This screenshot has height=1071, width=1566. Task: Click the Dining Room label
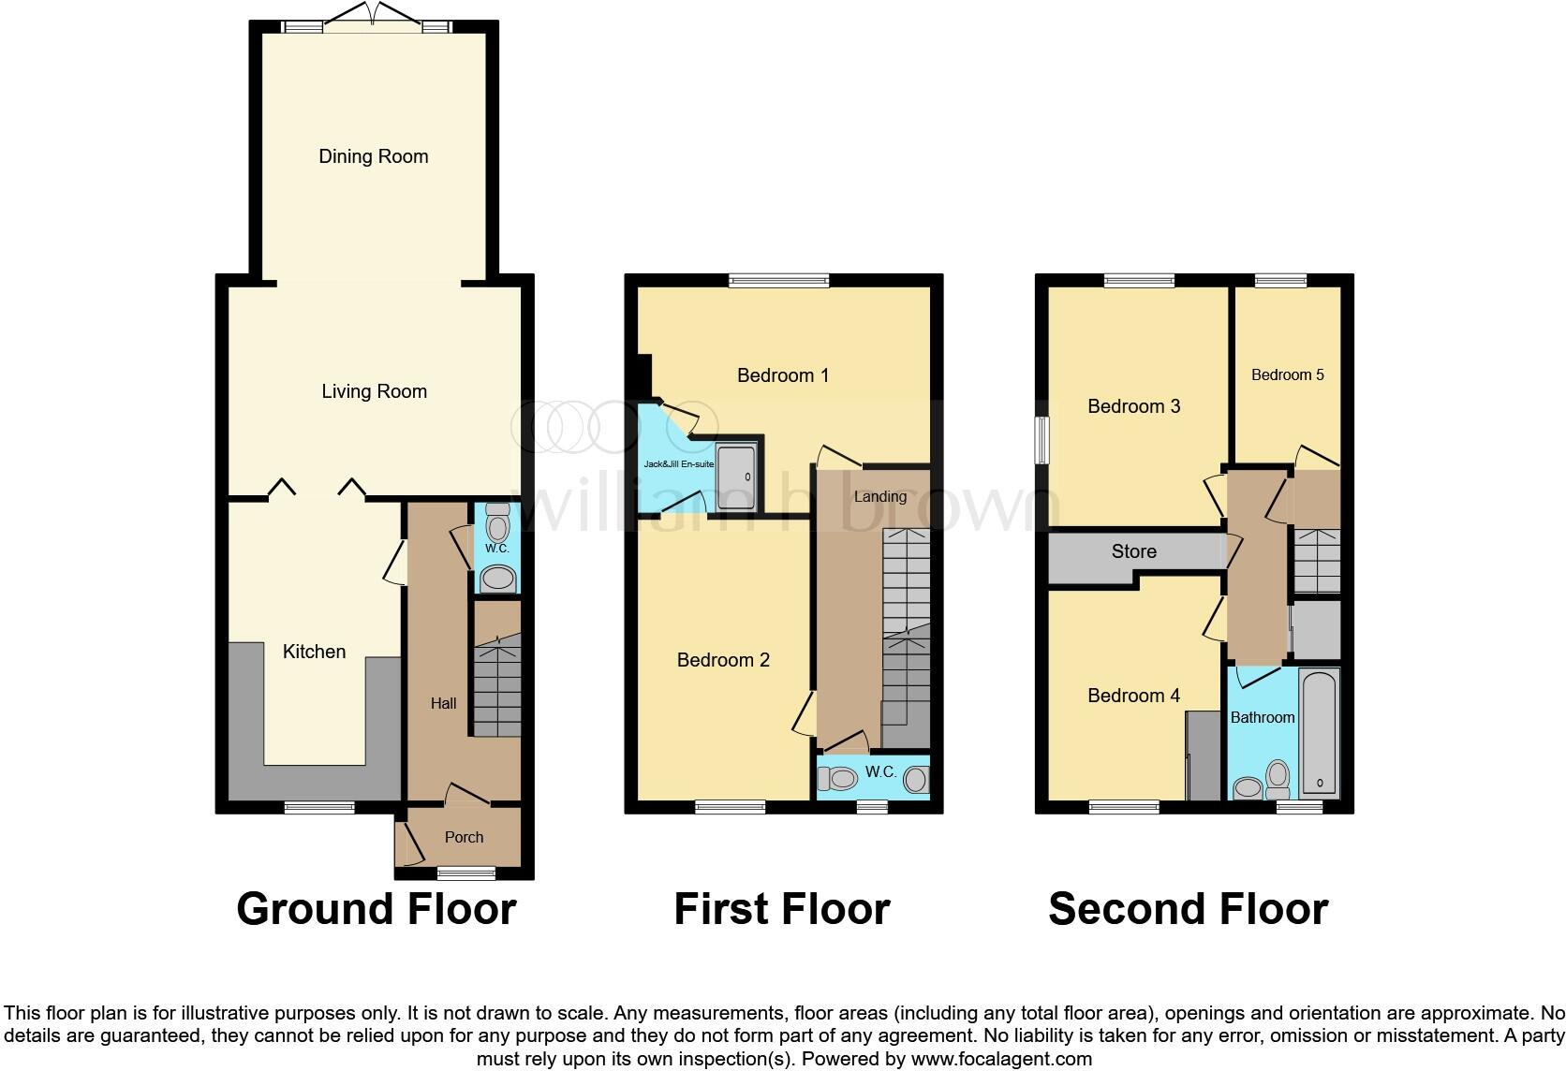(x=373, y=156)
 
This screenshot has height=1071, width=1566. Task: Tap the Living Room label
(x=374, y=391)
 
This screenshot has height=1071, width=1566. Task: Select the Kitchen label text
(x=314, y=652)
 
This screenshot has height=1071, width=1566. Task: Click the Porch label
(x=464, y=837)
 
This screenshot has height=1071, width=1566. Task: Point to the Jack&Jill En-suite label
(x=678, y=464)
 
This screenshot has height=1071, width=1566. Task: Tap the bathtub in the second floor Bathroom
(x=1320, y=732)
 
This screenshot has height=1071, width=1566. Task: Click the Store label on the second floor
(x=1133, y=551)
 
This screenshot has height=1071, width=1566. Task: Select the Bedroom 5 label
(x=1287, y=374)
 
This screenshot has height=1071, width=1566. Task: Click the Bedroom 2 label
(x=723, y=660)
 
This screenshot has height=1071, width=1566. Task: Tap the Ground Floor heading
(x=376, y=908)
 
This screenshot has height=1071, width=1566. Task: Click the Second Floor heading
(x=1188, y=908)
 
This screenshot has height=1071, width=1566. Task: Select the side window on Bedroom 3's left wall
(x=1042, y=439)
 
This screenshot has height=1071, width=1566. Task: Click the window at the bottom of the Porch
(x=466, y=873)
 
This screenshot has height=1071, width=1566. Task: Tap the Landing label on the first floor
(x=879, y=496)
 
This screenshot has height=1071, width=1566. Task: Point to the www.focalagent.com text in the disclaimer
(x=1000, y=1059)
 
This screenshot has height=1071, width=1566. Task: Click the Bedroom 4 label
(x=1133, y=696)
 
